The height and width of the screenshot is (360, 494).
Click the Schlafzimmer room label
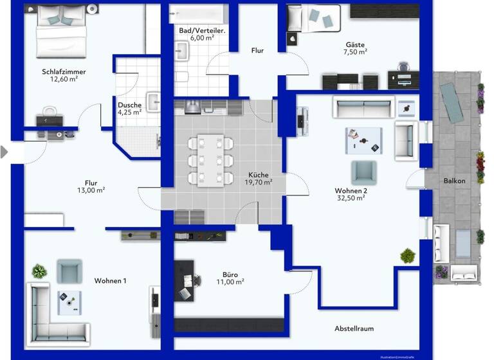pos(64,71)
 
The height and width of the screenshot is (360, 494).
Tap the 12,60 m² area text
pos(64,80)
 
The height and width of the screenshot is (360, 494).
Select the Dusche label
pos(129,105)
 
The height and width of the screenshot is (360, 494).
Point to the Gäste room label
pos(355,44)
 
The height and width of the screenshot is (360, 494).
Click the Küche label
pos(258,174)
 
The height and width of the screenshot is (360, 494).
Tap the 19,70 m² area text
pos(258,182)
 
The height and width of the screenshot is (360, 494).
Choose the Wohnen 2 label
pos(351,190)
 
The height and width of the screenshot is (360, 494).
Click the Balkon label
pos(454,181)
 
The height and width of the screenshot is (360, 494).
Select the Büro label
pos(230,274)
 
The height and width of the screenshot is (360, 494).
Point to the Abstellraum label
pos(354,328)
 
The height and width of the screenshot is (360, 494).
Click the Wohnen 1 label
pos(111,281)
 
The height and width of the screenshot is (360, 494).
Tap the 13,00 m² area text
pos(91,190)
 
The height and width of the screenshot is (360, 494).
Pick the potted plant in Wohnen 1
pos(40,271)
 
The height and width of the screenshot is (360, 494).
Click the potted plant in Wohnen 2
pos(407,256)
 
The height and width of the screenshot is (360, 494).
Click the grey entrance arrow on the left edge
pos(5,152)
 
